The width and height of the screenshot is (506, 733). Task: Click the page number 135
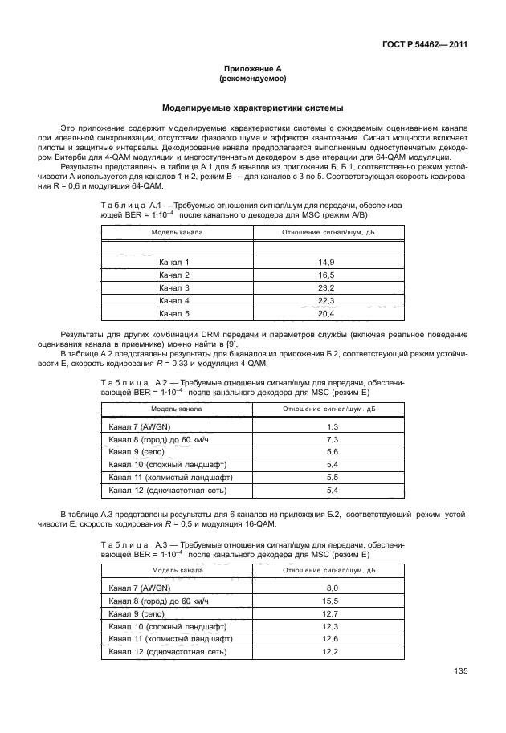(460, 671)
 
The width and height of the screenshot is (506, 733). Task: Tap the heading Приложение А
(253, 70)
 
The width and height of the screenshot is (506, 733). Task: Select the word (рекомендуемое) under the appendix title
(253, 79)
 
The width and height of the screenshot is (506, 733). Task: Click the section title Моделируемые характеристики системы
(253, 108)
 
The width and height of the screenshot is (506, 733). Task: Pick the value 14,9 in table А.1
(327, 263)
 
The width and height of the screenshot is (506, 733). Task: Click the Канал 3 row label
(174, 287)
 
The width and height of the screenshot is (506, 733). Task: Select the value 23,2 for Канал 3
(327, 287)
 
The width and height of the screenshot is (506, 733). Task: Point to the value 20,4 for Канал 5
(327, 313)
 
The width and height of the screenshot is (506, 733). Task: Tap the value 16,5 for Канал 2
(327, 275)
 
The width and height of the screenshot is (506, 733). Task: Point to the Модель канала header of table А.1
(178, 232)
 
